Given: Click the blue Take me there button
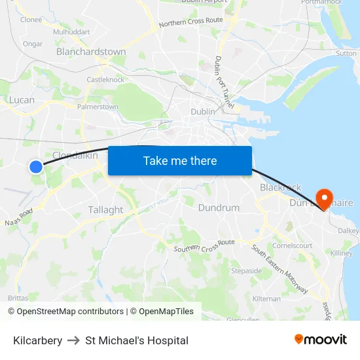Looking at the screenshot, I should (x=179, y=160).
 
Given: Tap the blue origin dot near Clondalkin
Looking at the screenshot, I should (x=36, y=167).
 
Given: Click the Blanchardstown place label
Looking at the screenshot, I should (x=91, y=52).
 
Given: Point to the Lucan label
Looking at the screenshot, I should (x=22, y=100).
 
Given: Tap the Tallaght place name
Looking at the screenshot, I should (x=105, y=210).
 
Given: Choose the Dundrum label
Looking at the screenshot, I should (x=219, y=208).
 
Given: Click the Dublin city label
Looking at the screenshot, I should (x=202, y=112).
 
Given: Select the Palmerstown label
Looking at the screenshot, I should (x=98, y=107).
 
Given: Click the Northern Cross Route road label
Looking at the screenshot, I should (x=190, y=22).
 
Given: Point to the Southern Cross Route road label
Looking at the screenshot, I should (x=204, y=245).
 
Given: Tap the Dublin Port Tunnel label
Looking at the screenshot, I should (x=224, y=81).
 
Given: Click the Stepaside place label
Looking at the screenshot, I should (x=246, y=270).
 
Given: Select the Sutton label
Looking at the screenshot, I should (x=346, y=54).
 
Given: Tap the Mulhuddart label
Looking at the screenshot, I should (x=71, y=31).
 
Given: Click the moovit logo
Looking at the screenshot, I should (x=321, y=340).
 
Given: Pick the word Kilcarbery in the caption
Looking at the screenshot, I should (x=38, y=340).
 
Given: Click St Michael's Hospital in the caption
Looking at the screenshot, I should (x=137, y=340).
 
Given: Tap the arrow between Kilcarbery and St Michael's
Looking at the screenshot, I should (x=74, y=340).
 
